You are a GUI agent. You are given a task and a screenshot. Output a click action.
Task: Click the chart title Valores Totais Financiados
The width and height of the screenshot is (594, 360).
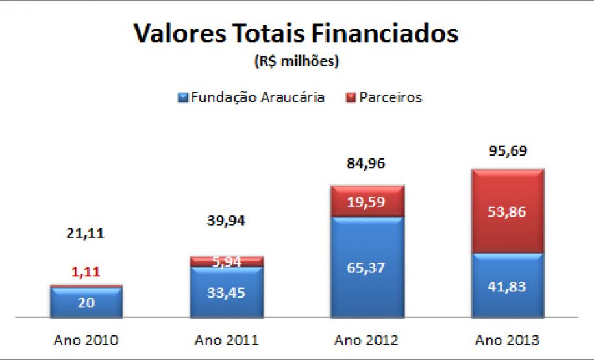(296, 34)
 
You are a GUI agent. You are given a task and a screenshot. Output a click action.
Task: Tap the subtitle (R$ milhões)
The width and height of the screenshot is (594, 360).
(297, 63)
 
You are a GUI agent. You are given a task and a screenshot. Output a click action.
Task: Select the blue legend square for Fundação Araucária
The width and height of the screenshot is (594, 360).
(182, 98)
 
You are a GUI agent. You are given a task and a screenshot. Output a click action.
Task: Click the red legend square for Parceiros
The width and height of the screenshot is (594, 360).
(351, 98)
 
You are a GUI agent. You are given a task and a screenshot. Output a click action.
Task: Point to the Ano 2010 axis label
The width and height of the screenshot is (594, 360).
(86, 339)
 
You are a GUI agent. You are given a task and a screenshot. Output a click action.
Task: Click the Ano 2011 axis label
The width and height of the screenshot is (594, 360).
(227, 339)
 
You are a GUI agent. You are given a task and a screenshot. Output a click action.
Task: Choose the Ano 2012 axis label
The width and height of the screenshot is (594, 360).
(367, 339)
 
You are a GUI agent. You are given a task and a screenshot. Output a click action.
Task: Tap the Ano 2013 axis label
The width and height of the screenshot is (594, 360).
(508, 339)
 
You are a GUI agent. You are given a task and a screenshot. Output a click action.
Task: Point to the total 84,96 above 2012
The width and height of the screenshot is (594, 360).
(367, 163)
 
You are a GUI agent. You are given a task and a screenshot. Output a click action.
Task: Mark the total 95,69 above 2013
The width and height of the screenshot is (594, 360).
(508, 151)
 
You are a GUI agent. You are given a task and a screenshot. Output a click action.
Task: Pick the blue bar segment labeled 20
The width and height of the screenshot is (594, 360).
(86, 302)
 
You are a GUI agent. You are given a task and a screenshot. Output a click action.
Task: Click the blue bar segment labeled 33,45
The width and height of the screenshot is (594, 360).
(227, 292)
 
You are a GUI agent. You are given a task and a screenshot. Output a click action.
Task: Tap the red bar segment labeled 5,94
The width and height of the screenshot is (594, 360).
(227, 261)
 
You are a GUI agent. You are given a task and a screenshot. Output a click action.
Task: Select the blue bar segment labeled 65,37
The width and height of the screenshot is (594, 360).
(367, 267)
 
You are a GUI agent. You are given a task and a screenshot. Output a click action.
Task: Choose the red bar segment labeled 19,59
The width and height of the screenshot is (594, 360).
(367, 201)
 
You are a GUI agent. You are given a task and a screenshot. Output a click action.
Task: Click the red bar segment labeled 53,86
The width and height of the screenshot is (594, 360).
(508, 211)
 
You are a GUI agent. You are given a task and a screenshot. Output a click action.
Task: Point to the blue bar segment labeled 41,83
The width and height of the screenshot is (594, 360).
(508, 285)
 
